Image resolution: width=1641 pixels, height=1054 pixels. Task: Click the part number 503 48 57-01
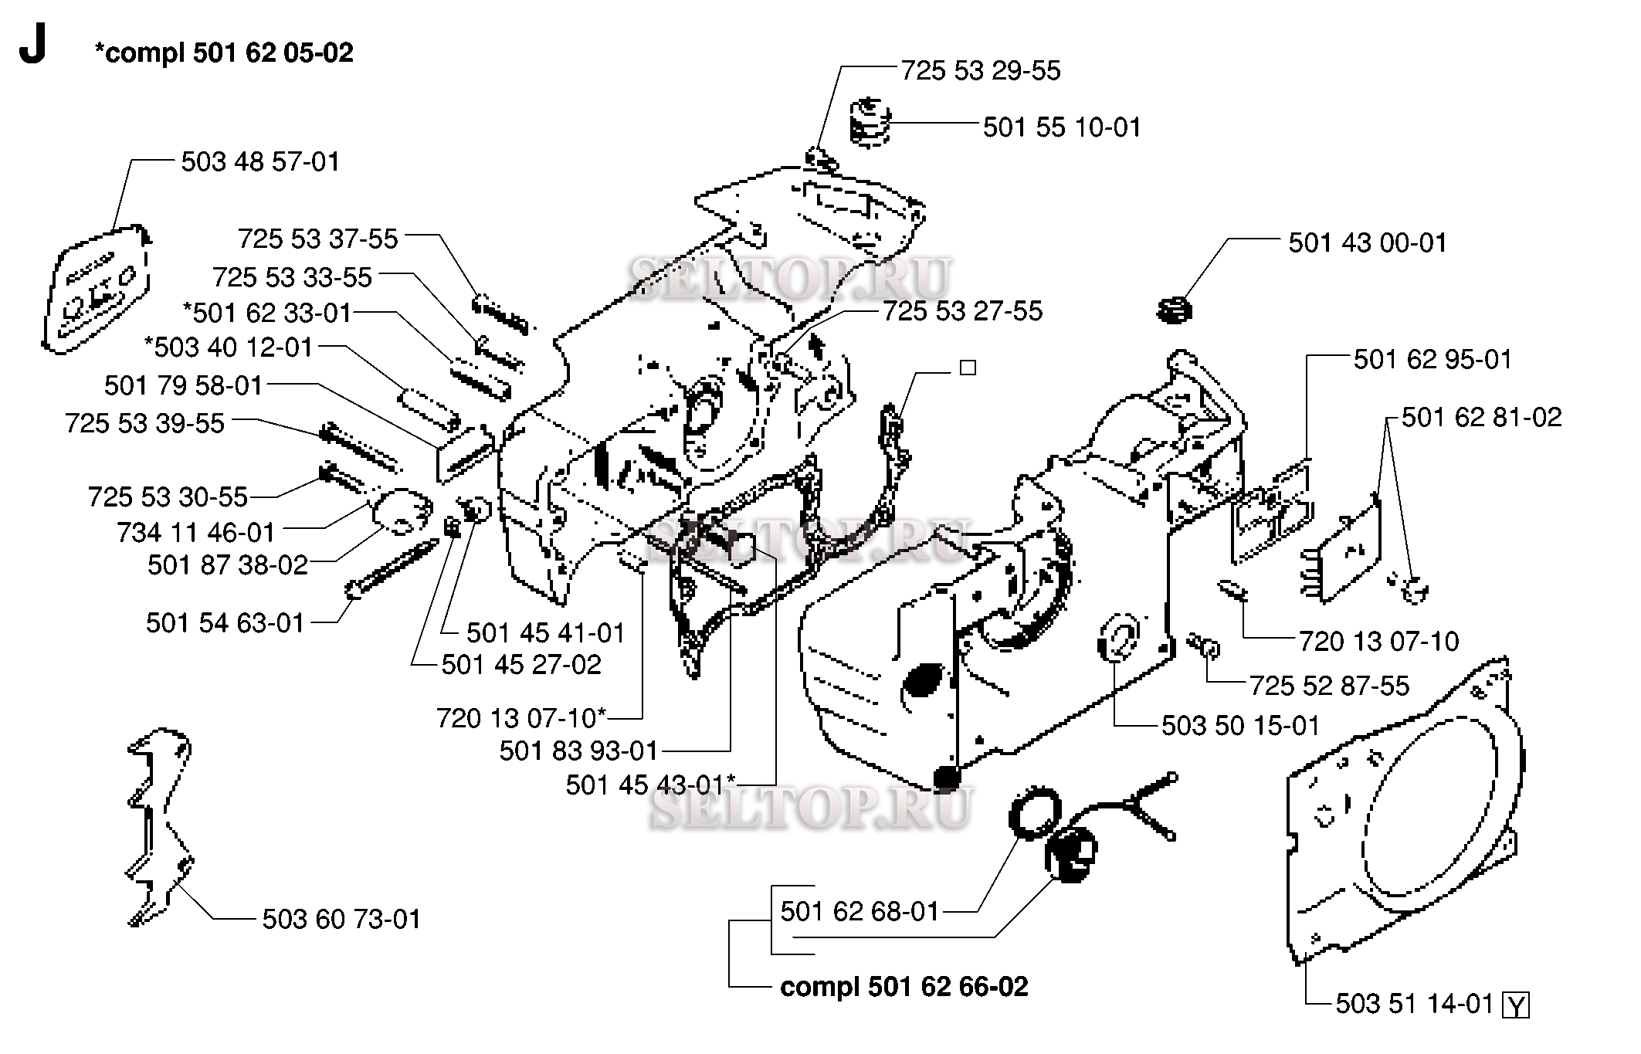pos(260,162)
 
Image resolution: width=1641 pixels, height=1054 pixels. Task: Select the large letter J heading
pos(32,47)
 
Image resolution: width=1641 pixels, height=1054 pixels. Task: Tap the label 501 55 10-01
pos(1061,127)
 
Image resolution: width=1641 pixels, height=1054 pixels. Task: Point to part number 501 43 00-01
pos(1367,243)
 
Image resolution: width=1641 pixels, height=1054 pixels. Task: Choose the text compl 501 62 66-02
pos(904,987)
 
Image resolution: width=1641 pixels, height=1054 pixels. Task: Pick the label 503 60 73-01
pos(341,920)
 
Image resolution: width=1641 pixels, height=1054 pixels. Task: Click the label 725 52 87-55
pos(1329,686)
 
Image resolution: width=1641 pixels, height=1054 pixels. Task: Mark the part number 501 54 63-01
pos(225,623)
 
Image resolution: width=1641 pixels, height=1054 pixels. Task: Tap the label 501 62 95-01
pos(1432,360)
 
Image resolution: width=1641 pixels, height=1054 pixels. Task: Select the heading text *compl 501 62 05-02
pos(223,53)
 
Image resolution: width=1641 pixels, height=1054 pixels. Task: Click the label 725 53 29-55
pos(981,71)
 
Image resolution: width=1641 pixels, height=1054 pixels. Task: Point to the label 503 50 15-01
pos(1240,726)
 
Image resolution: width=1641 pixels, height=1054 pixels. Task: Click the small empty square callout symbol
pos(968,368)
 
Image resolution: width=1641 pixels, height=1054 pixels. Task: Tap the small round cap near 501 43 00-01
pos(1175,311)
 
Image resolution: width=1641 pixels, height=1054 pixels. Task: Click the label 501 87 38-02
pos(228,565)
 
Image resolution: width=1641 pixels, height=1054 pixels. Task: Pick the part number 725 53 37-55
pos(317,239)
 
